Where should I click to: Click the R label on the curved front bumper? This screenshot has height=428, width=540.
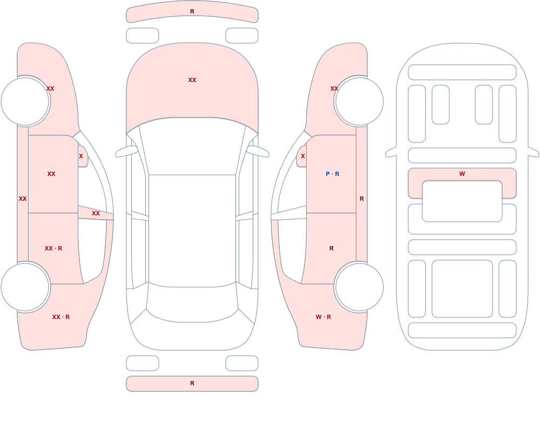192,12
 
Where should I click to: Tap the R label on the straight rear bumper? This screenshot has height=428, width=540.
192,383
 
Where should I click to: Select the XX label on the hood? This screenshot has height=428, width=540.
192,80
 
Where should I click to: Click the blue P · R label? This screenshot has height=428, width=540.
332,174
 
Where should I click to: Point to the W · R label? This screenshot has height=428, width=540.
323,317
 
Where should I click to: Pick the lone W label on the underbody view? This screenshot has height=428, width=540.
462,174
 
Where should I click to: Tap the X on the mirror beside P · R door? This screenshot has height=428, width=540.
303,156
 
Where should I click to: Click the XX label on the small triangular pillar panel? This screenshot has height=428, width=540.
96,214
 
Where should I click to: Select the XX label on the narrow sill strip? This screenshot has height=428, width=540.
23,199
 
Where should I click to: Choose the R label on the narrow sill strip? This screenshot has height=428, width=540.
362,199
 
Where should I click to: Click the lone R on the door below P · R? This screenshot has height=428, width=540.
332,248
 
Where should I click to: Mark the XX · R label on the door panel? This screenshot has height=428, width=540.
53,248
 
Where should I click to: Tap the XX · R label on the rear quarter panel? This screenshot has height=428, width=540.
61,317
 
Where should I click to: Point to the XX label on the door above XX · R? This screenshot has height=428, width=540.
51,174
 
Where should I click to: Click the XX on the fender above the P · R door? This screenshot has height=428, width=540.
334,89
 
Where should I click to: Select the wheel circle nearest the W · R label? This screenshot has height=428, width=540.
359,287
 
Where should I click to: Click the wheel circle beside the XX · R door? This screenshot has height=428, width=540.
25,287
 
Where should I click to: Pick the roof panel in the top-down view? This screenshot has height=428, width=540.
192,230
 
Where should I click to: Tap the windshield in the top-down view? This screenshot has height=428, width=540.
192,146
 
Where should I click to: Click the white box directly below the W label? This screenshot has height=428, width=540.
462,201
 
